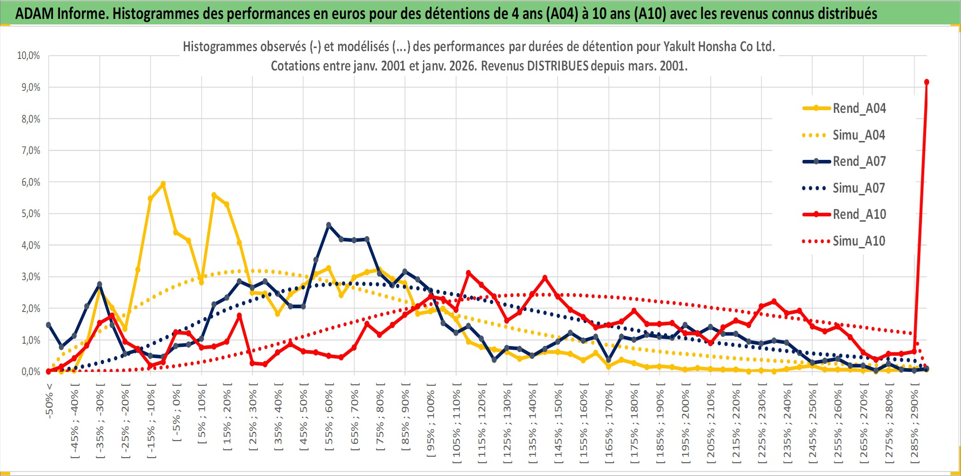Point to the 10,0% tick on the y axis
coord(29,56)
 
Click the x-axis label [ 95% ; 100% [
coord(430,423)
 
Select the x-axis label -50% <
coord(49,401)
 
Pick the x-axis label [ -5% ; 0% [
coord(176,412)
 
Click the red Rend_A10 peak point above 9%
coord(926,82)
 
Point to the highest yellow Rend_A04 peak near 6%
coord(163,184)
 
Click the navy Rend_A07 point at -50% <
coord(49,325)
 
